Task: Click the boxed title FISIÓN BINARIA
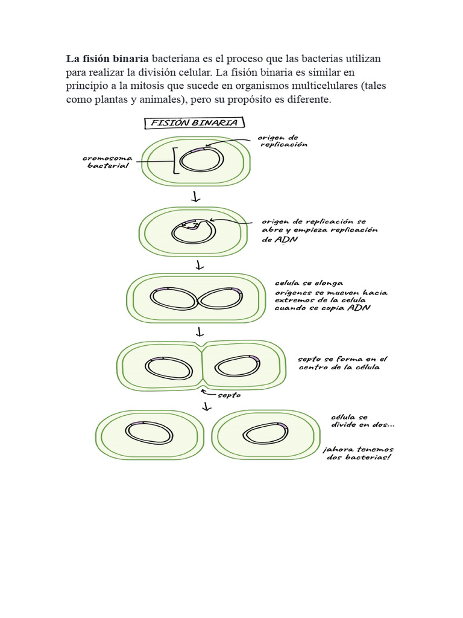tap(194, 123)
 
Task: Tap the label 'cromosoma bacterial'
tap(108, 162)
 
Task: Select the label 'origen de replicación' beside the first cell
tap(283, 141)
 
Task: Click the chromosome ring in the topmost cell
tap(203, 160)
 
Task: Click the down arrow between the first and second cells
tap(195, 197)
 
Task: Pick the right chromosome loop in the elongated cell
tap(220, 298)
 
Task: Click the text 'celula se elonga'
tap(309, 282)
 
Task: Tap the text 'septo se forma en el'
tap(342, 358)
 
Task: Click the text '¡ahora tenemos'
tap(358, 449)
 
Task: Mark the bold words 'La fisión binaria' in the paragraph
tap(107, 59)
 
